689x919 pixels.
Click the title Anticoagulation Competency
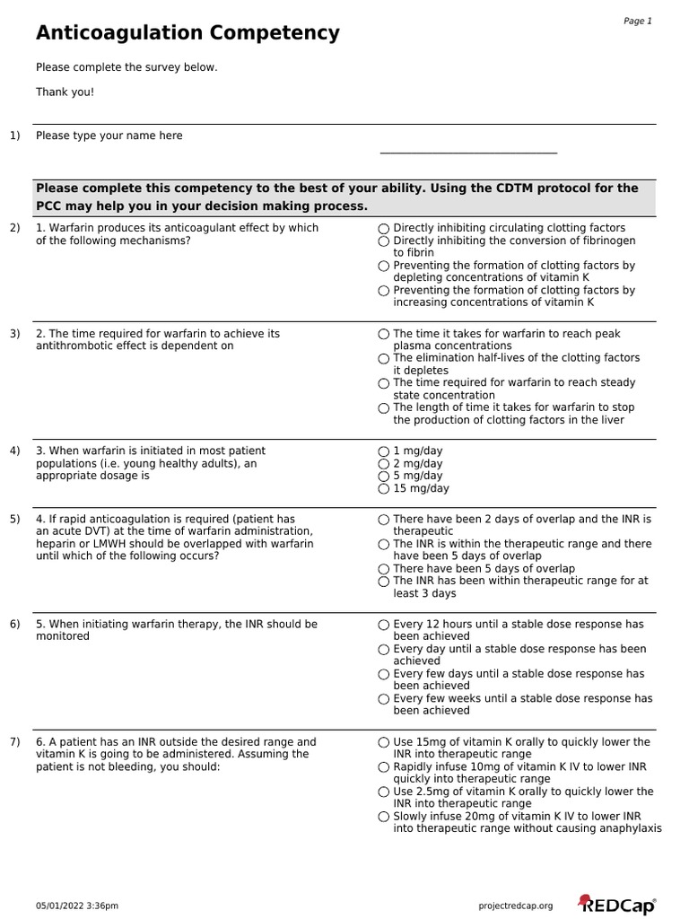tap(188, 34)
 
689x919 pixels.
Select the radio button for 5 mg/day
tap(384, 477)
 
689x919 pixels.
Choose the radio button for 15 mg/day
tap(384, 489)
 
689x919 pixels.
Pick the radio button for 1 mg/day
tap(384, 451)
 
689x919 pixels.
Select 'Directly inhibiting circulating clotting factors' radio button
tap(384, 229)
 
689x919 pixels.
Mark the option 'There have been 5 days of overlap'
tap(384, 569)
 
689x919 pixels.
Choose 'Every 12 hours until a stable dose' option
tap(384, 625)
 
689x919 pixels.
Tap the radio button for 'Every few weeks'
tap(384, 699)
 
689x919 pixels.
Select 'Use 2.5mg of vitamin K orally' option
tap(384, 792)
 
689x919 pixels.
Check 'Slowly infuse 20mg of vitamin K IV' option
tap(384, 817)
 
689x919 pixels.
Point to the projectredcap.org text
tap(517, 906)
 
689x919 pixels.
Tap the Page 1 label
tap(637, 21)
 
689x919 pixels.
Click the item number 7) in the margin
tap(14, 742)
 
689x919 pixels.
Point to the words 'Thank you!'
tap(65, 92)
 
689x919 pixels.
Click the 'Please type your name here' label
tap(109, 136)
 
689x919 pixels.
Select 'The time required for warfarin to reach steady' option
tap(384, 383)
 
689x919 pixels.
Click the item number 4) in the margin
tap(14, 451)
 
